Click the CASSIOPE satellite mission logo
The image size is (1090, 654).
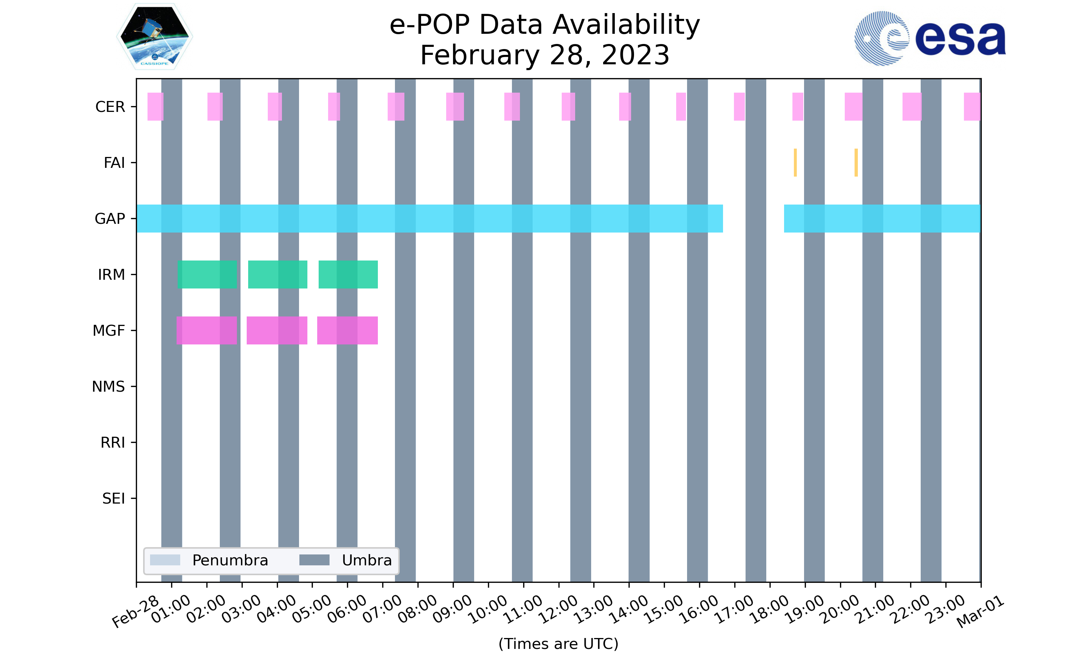155,37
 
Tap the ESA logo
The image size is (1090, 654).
930,39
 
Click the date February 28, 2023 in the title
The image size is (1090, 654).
545,55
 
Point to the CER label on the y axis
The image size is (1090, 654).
110,107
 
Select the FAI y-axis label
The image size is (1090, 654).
114,163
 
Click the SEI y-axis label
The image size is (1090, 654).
113,498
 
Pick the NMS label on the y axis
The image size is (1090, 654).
108,387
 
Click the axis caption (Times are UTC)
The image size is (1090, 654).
558,643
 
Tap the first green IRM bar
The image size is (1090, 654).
207,275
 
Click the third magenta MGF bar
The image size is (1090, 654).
347,331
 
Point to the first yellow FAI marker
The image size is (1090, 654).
795,163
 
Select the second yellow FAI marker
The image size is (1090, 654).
856,163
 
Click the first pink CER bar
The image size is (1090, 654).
155,107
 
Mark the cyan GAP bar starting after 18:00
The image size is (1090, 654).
882,219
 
